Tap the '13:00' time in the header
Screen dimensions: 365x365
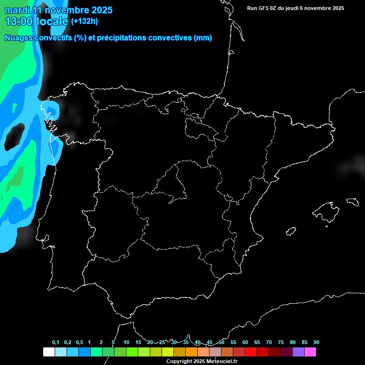(19, 21)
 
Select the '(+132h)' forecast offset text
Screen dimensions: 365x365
(84, 21)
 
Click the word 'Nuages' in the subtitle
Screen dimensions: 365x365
(19, 38)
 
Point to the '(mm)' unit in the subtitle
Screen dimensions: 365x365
(203, 38)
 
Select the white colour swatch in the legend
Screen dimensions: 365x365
(48, 352)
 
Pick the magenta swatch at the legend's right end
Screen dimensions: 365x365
(310, 352)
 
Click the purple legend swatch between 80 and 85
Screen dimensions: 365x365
(298, 352)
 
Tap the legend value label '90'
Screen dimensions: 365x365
(317, 343)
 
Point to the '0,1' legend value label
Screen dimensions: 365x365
(56, 343)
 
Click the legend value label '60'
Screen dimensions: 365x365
(245, 343)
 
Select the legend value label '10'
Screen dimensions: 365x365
(126, 343)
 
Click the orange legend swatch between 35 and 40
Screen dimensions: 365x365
(192, 352)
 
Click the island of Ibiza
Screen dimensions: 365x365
(291, 231)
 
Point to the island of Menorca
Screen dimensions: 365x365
(352, 202)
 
